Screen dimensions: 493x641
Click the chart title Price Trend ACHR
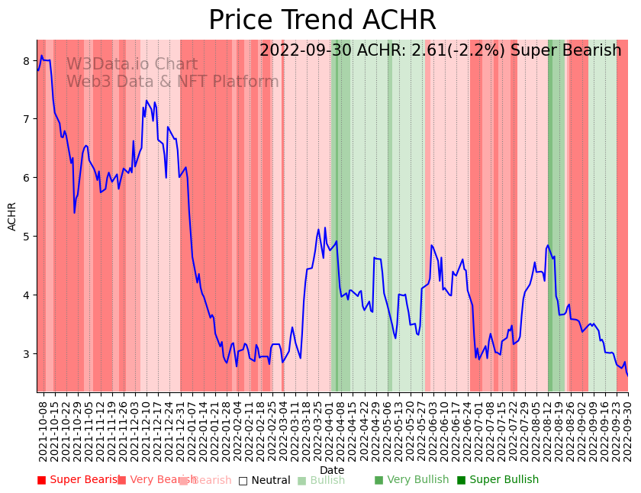coord(322,21)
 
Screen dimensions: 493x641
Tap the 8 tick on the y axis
coord(26,61)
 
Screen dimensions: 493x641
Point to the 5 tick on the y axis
coord(26,237)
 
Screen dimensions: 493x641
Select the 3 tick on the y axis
coord(26,354)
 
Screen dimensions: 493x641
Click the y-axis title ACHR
coord(12,216)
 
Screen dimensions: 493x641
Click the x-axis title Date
coord(332,470)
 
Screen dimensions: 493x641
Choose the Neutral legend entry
coord(264,480)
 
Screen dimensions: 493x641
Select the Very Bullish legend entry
coord(411,480)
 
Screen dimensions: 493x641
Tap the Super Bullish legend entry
coord(498,480)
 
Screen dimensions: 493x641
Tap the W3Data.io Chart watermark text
coord(131,65)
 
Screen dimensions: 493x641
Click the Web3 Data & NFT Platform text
coord(172,82)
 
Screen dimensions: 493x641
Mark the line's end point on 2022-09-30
coord(628,375)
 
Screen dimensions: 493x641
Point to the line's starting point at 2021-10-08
coord(37,71)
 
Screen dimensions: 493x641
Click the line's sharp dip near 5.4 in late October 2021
coord(74,212)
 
